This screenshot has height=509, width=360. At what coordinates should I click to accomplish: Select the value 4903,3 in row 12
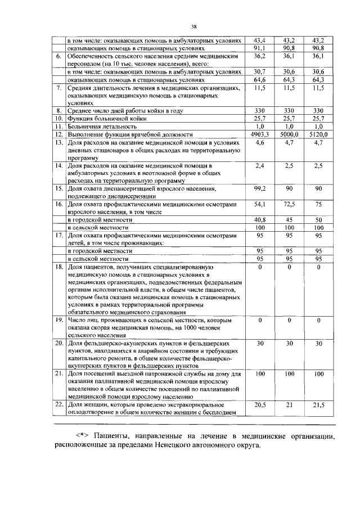point(259,135)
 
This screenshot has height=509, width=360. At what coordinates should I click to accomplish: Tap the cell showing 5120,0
point(318,135)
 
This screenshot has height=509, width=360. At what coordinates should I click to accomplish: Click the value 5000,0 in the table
point(289,135)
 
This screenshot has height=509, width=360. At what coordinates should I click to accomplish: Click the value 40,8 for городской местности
point(259,219)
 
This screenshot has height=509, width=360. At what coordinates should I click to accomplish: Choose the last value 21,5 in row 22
point(318,404)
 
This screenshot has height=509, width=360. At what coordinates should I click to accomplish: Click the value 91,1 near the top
point(259,48)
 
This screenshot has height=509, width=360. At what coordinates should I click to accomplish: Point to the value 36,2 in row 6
point(259,56)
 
